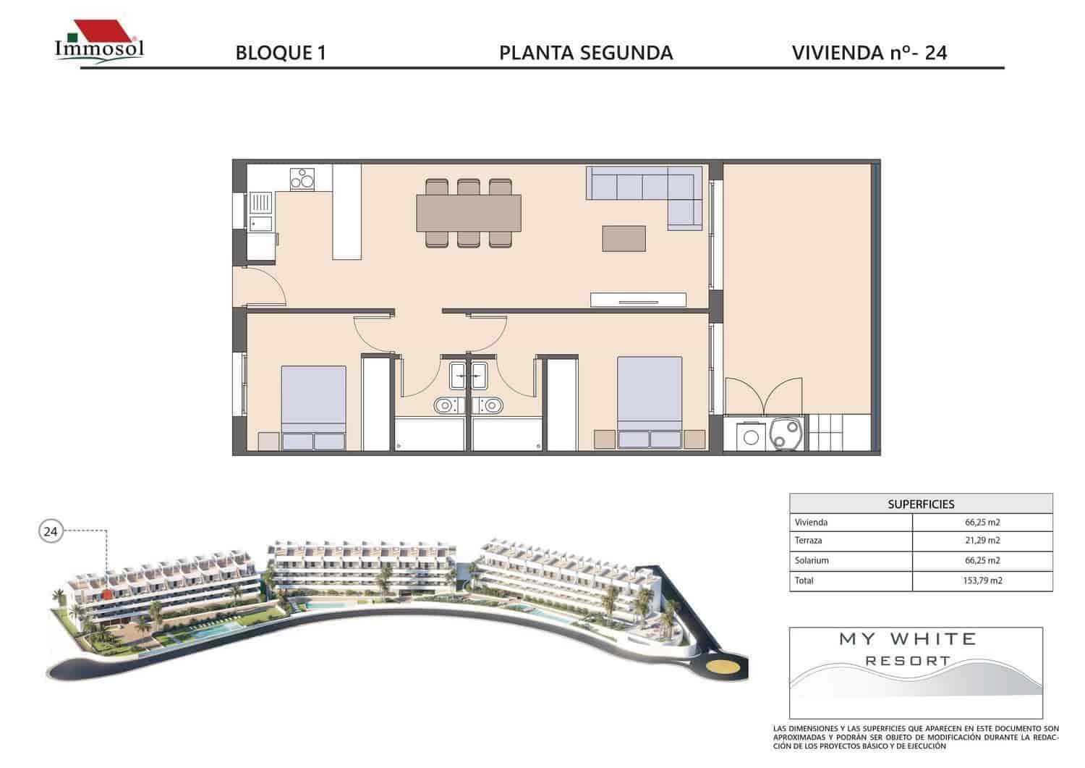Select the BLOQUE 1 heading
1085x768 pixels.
[x=281, y=53]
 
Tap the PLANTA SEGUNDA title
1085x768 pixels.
[x=586, y=53]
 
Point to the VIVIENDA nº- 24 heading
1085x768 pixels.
[x=869, y=53]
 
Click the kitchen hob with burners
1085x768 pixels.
[x=302, y=178]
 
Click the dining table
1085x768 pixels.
[x=468, y=213]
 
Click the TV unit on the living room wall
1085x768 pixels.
[x=638, y=299]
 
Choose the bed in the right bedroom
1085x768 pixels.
[x=650, y=402]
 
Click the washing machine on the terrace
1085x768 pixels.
[x=752, y=435]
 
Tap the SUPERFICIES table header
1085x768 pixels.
[x=921, y=504]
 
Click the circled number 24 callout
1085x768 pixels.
[x=50, y=532]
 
